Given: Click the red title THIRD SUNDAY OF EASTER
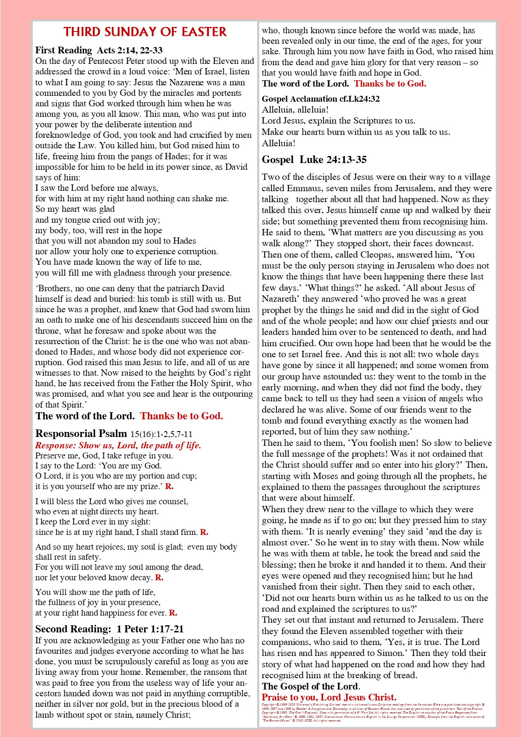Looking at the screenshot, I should tap(145, 32).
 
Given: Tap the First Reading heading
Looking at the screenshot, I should tap(63, 50).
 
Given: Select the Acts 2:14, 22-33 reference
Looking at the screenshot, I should tap(130, 50).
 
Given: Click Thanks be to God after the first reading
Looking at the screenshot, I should tap(182, 416).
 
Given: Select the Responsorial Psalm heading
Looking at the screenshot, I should tap(81, 434).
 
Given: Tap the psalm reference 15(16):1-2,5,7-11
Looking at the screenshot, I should tap(161, 434).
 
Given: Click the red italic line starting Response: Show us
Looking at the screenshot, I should tap(118, 445).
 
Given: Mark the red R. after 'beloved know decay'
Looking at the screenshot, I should tap(159, 578).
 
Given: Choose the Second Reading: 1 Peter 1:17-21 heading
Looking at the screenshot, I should tap(109, 629).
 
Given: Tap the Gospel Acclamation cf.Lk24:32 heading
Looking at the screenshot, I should tap(321, 99).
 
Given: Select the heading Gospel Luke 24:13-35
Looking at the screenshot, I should tap(314, 160).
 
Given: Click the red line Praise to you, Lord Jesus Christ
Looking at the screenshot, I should tap(329, 698).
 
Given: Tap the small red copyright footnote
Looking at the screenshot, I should tap(373, 712).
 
